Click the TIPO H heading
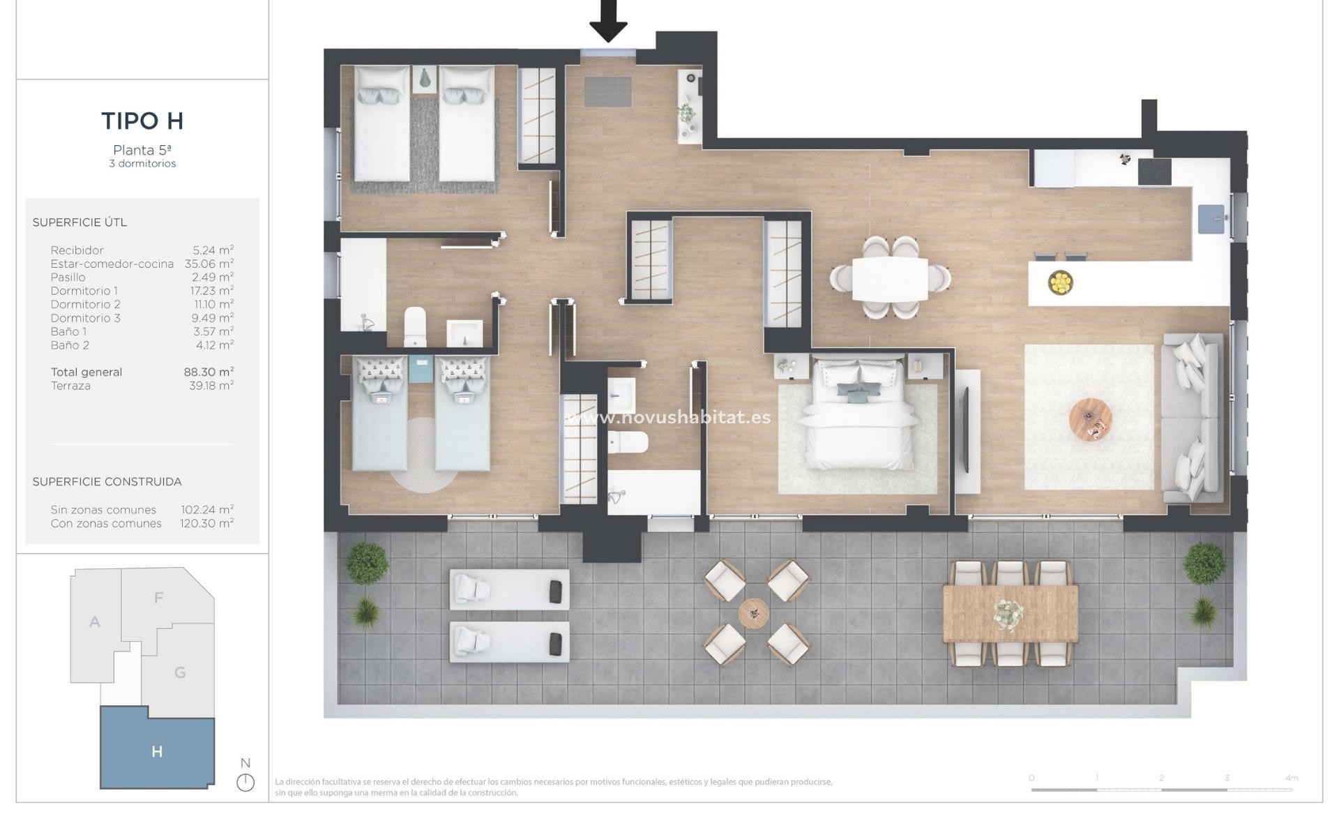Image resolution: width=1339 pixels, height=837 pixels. point(142,121)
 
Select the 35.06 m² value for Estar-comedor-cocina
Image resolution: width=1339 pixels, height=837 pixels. point(209,264)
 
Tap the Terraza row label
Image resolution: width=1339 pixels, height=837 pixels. point(70,386)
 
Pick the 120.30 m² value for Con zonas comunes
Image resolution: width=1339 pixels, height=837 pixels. point(206,523)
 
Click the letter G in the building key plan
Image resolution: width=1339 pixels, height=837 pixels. point(180,672)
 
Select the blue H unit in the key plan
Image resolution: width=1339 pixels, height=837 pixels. point(157,751)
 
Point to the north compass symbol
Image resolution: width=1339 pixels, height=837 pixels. point(245,782)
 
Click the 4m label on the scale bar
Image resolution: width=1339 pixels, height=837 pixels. point(1292,778)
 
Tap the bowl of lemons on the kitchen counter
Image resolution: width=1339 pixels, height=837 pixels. point(1060,282)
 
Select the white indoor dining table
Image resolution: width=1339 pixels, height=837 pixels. point(890,278)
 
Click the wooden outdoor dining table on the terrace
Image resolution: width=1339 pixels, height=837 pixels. point(1010,614)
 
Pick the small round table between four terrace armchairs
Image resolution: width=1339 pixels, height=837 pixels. point(754,613)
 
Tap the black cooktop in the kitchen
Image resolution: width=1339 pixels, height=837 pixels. point(1154,172)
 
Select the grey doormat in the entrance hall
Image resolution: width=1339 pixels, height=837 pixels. point(607,92)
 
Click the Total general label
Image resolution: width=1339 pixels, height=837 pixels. point(86,372)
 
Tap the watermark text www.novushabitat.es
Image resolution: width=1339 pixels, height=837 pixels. point(668,418)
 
